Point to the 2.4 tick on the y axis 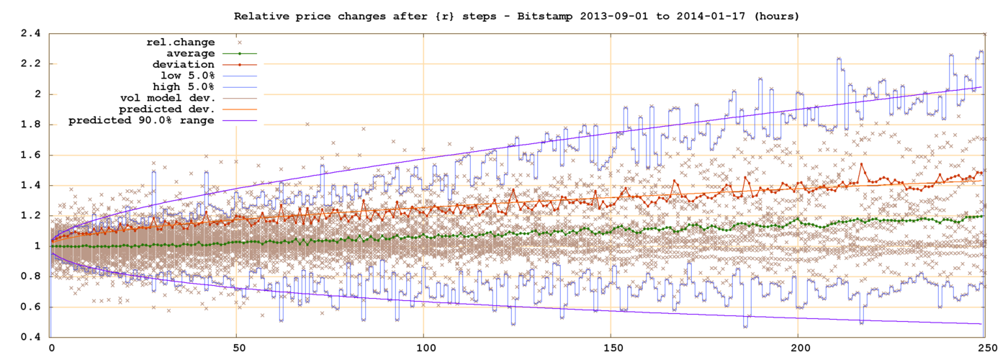pyautogui.click(x=31, y=33)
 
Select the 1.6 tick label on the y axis pyautogui.click(x=31, y=155)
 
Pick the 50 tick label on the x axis pyautogui.click(x=236, y=347)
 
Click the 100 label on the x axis pyautogui.click(x=423, y=347)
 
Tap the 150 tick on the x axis pyautogui.click(x=611, y=347)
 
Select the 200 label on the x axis pyautogui.click(x=798, y=347)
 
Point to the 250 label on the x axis pyautogui.click(x=985, y=347)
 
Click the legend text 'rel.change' pyautogui.click(x=180, y=42)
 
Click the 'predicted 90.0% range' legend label pyautogui.click(x=141, y=120)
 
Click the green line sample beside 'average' pyautogui.click(x=239, y=53)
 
